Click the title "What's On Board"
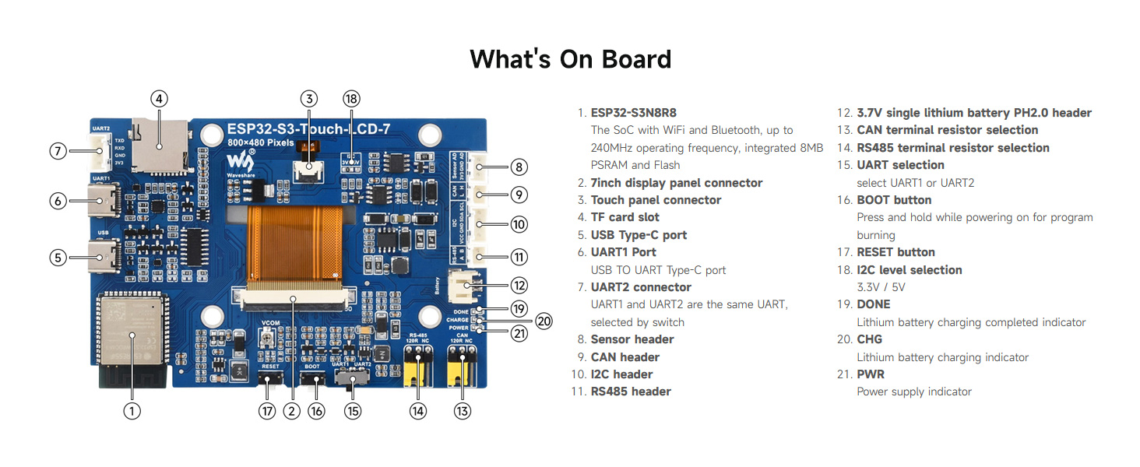tap(570, 59)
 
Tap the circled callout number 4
tap(159, 99)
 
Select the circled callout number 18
tap(352, 99)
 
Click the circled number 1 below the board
tap(132, 411)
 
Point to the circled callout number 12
tap(519, 286)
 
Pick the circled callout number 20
tap(544, 320)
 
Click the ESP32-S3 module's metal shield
tap(130, 331)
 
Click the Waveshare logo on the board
tap(240, 163)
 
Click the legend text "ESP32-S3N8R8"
tap(633, 113)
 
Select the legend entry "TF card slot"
tap(625, 217)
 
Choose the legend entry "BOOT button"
tap(894, 200)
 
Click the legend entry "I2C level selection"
tap(909, 270)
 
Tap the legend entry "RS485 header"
tap(631, 392)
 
